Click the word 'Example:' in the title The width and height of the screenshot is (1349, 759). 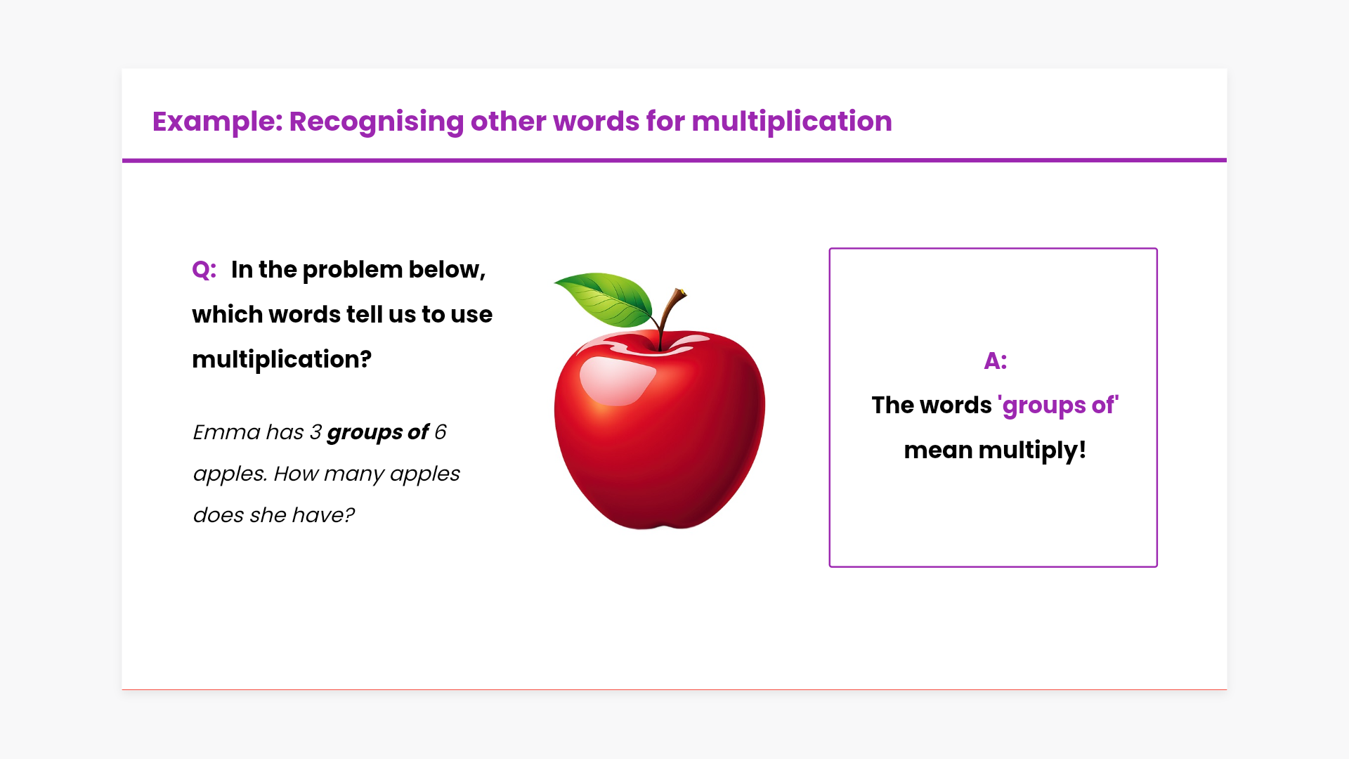217,122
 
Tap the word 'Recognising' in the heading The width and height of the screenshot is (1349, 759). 377,122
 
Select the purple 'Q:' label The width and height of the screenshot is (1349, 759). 204,270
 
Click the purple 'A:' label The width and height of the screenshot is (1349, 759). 995,361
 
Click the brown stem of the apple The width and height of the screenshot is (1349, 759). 670,316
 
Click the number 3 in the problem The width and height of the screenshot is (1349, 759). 315,432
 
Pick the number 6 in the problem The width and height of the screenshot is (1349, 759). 440,432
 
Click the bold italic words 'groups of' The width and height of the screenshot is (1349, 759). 378,433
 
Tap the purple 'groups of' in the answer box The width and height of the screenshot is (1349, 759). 1057,406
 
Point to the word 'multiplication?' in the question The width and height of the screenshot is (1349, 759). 282,360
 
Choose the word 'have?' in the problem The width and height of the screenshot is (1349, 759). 323,515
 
